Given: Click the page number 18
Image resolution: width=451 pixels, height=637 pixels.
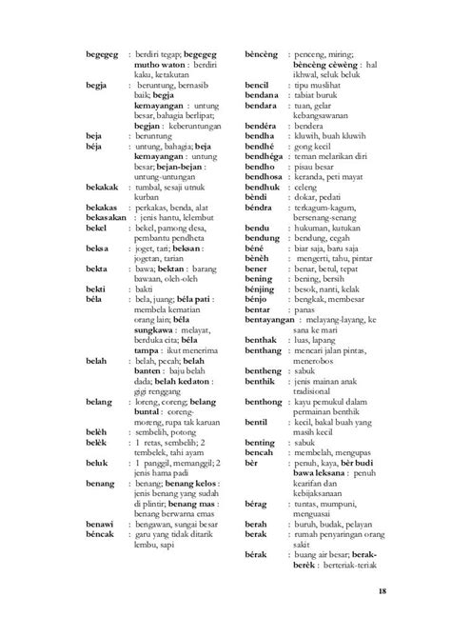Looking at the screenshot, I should pyautogui.click(x=381, y=592).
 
